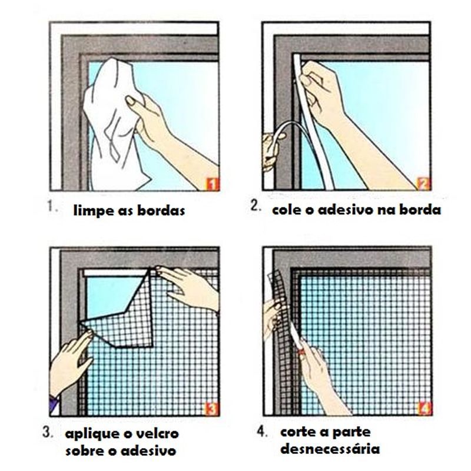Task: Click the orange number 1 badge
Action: coord(212,184)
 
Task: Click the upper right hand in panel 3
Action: coord(188,286)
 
